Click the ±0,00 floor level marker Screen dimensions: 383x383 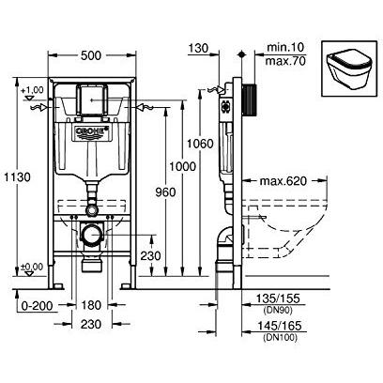33,266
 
